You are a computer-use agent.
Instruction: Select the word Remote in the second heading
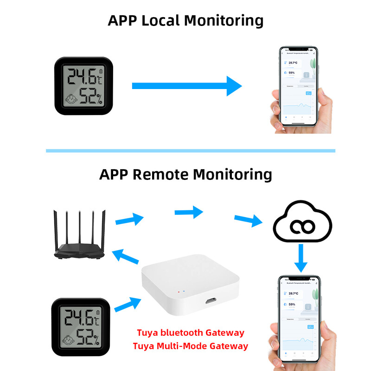pos(160,175)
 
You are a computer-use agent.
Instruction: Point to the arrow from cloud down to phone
pos(301,258)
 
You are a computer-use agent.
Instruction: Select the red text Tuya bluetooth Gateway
pos(190,333)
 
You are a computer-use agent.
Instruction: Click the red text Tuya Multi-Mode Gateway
pos(190,346)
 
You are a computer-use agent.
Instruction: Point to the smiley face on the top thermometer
pos(71,99)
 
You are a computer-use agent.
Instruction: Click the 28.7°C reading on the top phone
pos(293,62)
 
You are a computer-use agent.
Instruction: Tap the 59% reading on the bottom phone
pos(292,304)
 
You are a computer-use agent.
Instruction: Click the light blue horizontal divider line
pos(190,151)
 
